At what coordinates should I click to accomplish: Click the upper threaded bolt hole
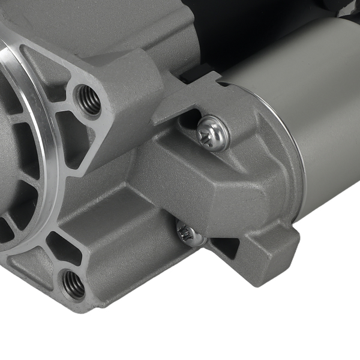coord(89,100)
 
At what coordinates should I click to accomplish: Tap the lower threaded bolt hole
coord(73,284)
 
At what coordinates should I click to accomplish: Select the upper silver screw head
coord(213,132)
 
